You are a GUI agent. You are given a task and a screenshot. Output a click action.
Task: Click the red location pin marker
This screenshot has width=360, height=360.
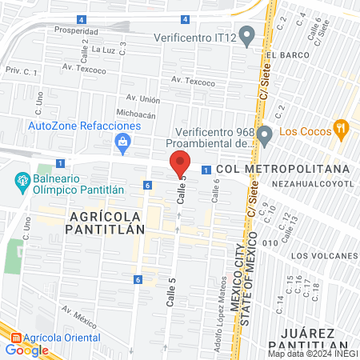coord(180,163)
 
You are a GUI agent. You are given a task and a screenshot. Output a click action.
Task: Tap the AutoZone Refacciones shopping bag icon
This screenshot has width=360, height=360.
coord(123,144)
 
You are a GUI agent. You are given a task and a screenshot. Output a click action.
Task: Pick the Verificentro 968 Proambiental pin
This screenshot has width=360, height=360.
coord(265,134)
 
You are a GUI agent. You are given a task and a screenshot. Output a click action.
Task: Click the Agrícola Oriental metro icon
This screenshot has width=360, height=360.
coord(12,337)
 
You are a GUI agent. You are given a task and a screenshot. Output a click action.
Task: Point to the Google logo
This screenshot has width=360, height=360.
coord(26,350)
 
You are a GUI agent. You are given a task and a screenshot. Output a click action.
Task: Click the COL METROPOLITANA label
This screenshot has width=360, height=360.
coord(282,170)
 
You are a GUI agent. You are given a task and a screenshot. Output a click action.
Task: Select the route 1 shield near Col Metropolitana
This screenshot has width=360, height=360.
coord(206,170)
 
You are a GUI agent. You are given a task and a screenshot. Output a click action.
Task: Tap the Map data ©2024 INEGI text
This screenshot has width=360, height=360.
coord(313,353)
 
